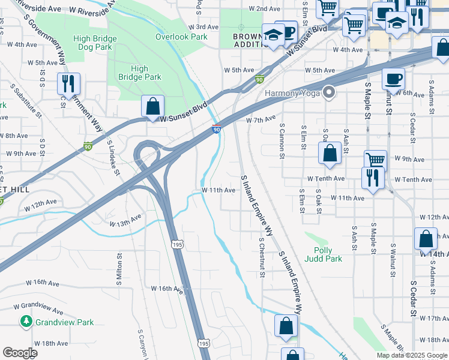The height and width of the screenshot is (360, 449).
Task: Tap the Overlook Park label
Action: (x=181, y=37)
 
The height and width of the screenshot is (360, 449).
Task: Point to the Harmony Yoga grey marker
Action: (x=328, y=92)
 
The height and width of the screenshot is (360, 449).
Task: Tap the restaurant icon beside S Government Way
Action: (x=68, y=83)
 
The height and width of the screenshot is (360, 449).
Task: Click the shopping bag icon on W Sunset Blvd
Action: (x=153, y=106)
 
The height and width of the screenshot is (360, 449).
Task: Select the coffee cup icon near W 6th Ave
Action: (x=393, y=79)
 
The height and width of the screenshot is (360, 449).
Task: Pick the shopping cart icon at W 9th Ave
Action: (x=375, y=160)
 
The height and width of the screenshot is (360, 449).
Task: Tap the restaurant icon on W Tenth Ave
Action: (x=373, y=178)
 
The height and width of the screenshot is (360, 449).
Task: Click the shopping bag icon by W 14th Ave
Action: (x=426, y=239)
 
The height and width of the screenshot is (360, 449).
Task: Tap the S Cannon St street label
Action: (x=282, y=142)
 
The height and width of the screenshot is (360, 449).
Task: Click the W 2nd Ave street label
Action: (x=264, y=9)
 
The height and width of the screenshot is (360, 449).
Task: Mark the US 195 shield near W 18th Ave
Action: (x=203, y=343)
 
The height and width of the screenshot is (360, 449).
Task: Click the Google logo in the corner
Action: (x=20, y=352)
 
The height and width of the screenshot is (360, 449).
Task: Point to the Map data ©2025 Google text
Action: (x=411, y=355)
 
